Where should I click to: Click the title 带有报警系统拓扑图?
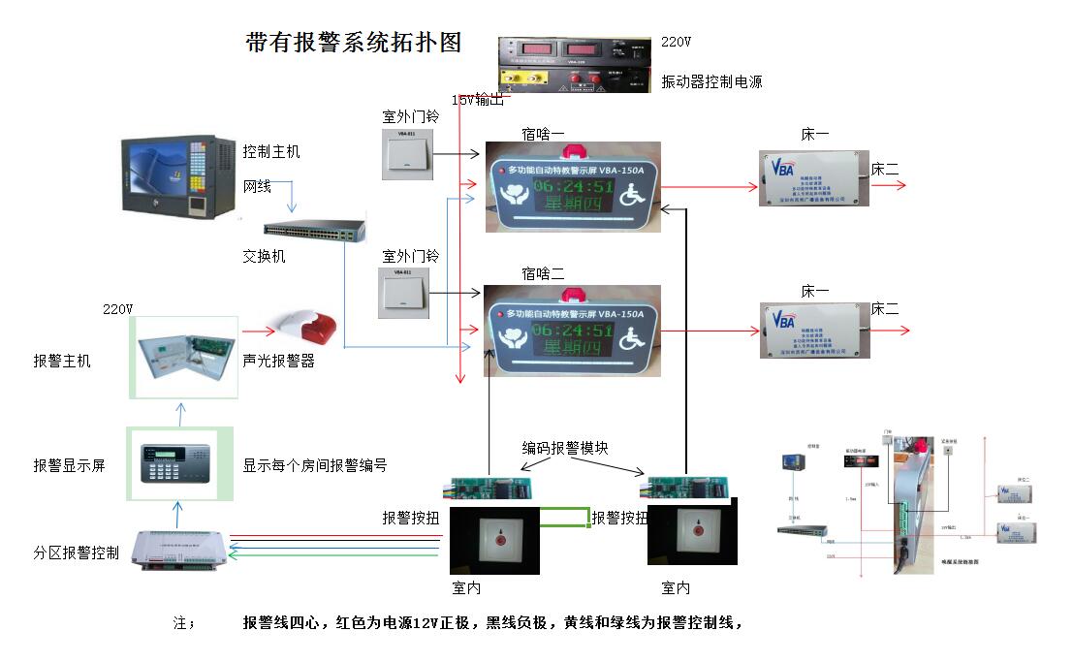pyautogui.click(x=354, y=43)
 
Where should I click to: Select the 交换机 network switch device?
pyautogui.click(x=315, y=232)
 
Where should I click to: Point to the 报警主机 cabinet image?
pyautogui.click(x=183, y=356)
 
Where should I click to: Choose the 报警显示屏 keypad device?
pyautogui.click(x=180, y=464)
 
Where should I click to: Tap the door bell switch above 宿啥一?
pyautogui.click(x=407, y=154)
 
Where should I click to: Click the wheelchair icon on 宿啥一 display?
pyautogui.click(x=634, y=193)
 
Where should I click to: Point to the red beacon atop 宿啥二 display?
pyautogui.click(x=572, y=288)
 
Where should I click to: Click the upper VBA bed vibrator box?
pyautogui.click(x=813, y=177)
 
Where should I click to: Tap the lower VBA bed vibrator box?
pyautogui.click(x=814, y=331)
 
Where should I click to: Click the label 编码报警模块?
pyautogui.click(x=566, y=447)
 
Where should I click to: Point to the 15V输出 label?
pyautogui.click(x=478, y=99)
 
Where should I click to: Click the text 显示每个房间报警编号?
pyautogui.click(x=315, y=465)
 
